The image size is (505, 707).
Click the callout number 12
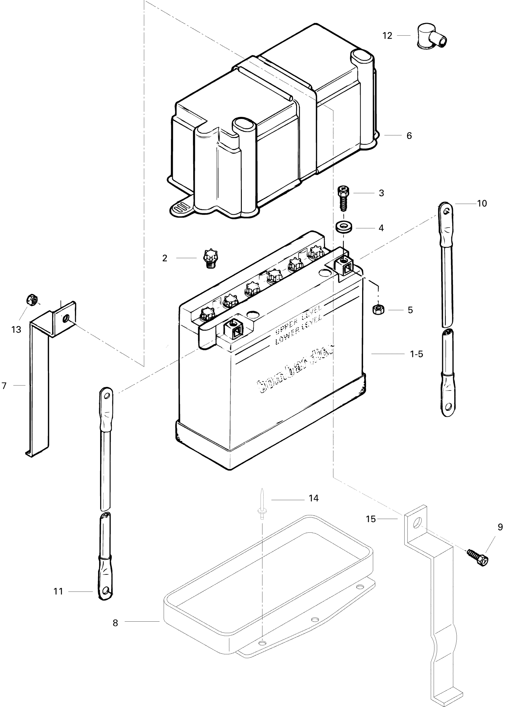387,36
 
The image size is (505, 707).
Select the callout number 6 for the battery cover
409,136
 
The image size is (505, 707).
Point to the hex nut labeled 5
378,309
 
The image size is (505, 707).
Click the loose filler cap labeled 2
211,258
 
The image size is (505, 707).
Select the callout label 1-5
416,354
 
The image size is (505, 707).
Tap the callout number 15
371,519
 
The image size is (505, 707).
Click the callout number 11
59,591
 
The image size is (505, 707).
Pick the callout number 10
482,204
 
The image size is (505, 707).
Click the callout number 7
4,386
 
